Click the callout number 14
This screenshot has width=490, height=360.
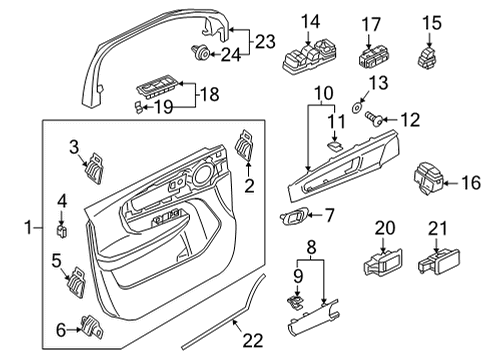[x=311, y=21]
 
